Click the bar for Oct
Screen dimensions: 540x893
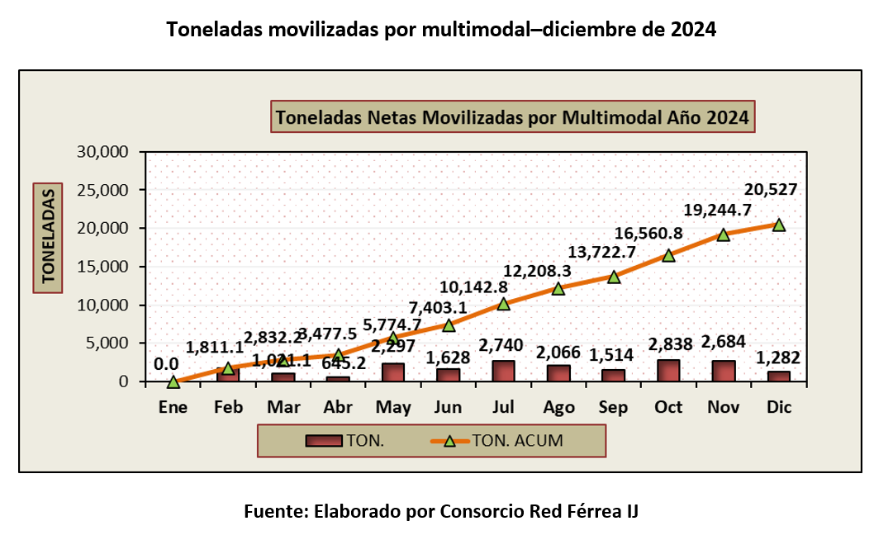point(668,371)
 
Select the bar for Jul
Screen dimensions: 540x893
point(503,371)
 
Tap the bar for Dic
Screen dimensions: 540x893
point(778,377)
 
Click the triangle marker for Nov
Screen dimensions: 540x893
point(724,234)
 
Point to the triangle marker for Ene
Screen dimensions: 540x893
point(173,381)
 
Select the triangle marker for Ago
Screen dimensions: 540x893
point(558,288)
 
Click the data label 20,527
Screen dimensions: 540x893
point(771,190)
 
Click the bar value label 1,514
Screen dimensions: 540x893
point(612,355)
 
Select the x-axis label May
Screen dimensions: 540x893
point(392,407)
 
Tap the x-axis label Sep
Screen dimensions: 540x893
point(613,407)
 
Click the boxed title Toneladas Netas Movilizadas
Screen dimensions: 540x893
point(512,117)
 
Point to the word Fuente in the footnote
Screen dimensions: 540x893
point(275,511)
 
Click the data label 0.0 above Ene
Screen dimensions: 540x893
point(167,363)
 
